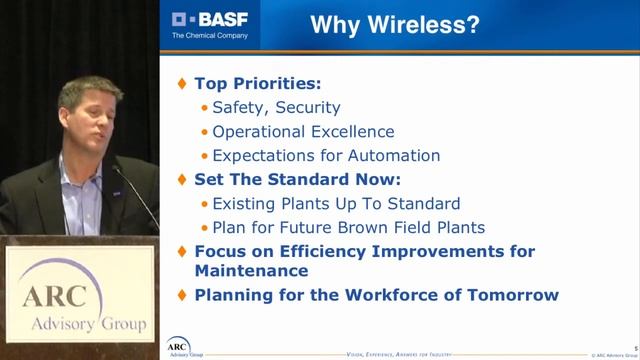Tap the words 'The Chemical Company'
(210, 36)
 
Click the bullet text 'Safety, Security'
(277, 107)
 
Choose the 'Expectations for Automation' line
(327, 155)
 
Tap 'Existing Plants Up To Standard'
(330, 203)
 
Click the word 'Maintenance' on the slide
(250, 270)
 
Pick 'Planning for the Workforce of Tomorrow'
(376, 295)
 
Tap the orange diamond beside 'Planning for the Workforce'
(181, 295)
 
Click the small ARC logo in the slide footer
(178, 346)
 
